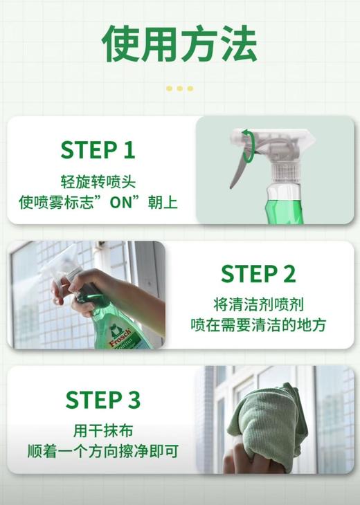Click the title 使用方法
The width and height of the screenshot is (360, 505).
click(x=179, y=45)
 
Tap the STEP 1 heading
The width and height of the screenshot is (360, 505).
click(x=97, y=150)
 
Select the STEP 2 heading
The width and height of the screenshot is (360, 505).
click(x=258, y=274)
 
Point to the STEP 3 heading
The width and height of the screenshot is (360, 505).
click(x=102, y=399)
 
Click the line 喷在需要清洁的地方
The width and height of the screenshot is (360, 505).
click(x=258, y=324)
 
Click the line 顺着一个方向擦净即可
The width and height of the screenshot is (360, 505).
click(x=102, y=451)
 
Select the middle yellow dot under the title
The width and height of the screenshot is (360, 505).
click(x=179, y=89)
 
